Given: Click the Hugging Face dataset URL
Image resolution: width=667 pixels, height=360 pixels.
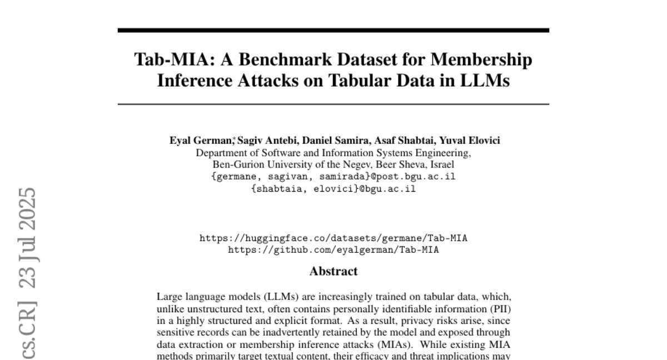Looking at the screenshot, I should coord(333,238).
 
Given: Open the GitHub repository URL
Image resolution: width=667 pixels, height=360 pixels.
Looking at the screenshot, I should coord(333,250).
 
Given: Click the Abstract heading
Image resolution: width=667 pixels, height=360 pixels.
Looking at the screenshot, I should coord(333,272).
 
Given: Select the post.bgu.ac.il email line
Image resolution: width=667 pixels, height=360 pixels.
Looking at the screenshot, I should coord(333,177).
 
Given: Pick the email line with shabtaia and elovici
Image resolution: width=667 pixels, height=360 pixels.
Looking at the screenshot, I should coord(333,188).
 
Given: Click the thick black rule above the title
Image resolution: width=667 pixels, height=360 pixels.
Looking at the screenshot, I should coord(333,30).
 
